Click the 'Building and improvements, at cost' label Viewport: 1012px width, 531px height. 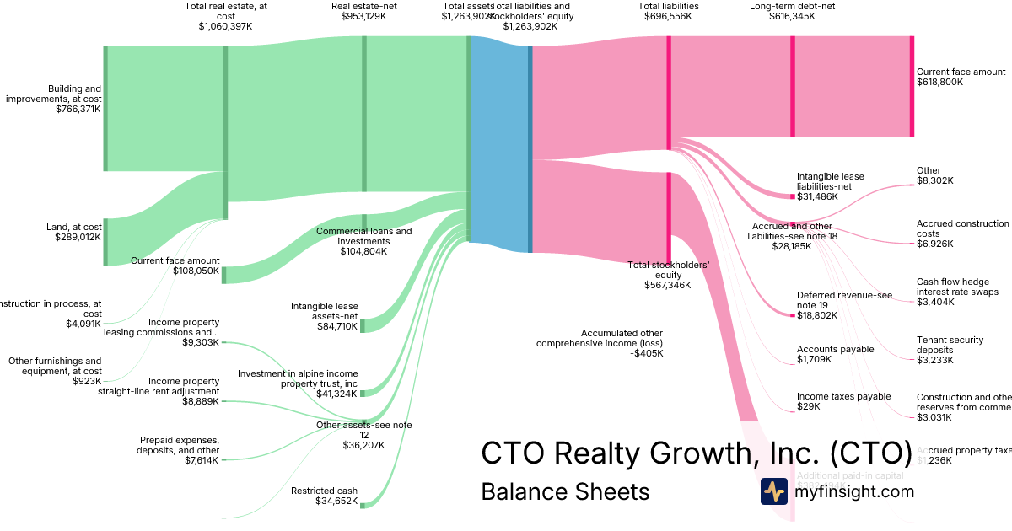click(54, 99)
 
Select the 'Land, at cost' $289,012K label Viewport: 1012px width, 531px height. click(74, 232)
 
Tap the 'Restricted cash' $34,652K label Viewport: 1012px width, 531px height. click(324, 496)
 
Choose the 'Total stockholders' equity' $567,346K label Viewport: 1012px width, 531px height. click(668, 275)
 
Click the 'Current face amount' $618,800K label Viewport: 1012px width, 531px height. click(961, 77)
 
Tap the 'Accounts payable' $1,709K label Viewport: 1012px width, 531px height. click(835, 354)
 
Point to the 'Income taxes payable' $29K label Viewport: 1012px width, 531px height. click(843, 401)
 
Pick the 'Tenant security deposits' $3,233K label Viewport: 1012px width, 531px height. click(950, 350)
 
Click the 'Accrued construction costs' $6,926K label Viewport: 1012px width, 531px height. click(962, 233)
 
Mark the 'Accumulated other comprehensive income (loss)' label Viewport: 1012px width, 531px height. click(600, 343)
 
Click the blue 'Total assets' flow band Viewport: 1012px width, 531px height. click(500, 143)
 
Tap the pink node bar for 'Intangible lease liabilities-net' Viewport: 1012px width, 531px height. click(793, 196)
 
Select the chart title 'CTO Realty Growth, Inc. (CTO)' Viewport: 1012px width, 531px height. click(697, 453)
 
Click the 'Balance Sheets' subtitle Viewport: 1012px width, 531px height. click(565, 491)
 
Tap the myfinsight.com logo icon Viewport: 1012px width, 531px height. click(773, 491)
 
